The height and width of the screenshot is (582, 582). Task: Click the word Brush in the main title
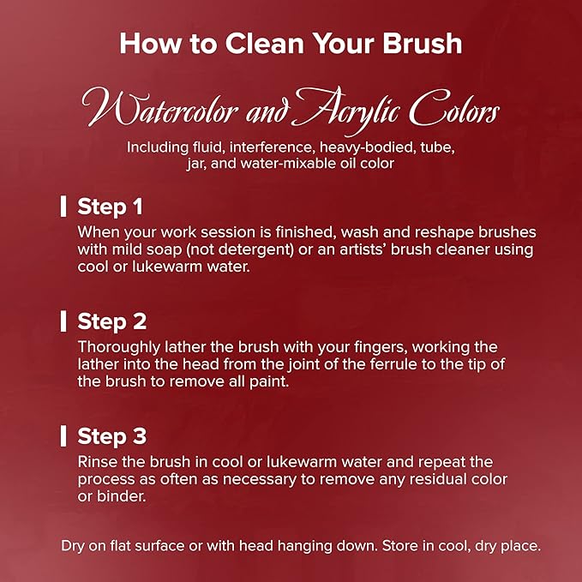pos(423,44)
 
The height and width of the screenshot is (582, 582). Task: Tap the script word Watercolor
pos(160,108)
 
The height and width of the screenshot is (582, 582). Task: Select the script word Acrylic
pos(348,110)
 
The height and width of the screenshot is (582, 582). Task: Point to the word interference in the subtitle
pos(271,147)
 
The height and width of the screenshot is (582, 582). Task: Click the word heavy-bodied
pos(368,147)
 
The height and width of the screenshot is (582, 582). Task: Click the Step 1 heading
pos(110,207)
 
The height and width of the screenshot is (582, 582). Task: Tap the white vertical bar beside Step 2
pos(63,321)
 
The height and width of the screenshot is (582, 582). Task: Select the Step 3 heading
pos(111,435)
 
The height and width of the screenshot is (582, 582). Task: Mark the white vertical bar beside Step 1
pos(63,207)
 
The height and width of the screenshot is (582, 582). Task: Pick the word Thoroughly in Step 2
pos(118,347)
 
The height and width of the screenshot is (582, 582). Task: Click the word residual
pos(438,479)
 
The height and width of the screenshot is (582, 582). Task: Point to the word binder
pos(122,496)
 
